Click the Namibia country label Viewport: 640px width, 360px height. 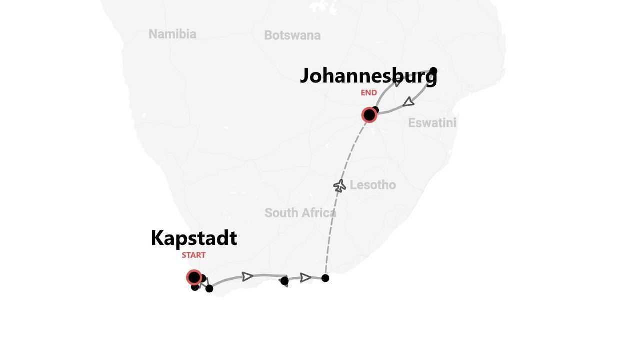(172, 34)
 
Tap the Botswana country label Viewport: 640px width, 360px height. (292, 35)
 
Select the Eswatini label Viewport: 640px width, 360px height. (432, 123)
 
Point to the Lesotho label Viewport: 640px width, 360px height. (372, 185)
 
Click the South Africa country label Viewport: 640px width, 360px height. (300, 213)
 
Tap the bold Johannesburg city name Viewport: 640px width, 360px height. (368, 76)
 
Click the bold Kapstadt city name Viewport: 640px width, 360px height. (194, 238)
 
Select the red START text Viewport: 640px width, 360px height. (194, 255)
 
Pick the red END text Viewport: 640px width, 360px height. (369, 93)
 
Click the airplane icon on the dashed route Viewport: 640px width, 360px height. (340, 186)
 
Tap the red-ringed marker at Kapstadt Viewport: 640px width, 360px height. (194, 277)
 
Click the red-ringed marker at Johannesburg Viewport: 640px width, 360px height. (369, 115)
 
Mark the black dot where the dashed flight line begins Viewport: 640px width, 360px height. (325, 278)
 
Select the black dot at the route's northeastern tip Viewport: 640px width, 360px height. (433, 71)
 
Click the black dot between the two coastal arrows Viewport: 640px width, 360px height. (284, 281)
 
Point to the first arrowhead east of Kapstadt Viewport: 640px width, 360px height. (247, 276)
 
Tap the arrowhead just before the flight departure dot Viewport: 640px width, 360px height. (305, 278)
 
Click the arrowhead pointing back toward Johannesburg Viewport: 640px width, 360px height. (409, 102)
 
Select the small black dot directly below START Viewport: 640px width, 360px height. (195, 287)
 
